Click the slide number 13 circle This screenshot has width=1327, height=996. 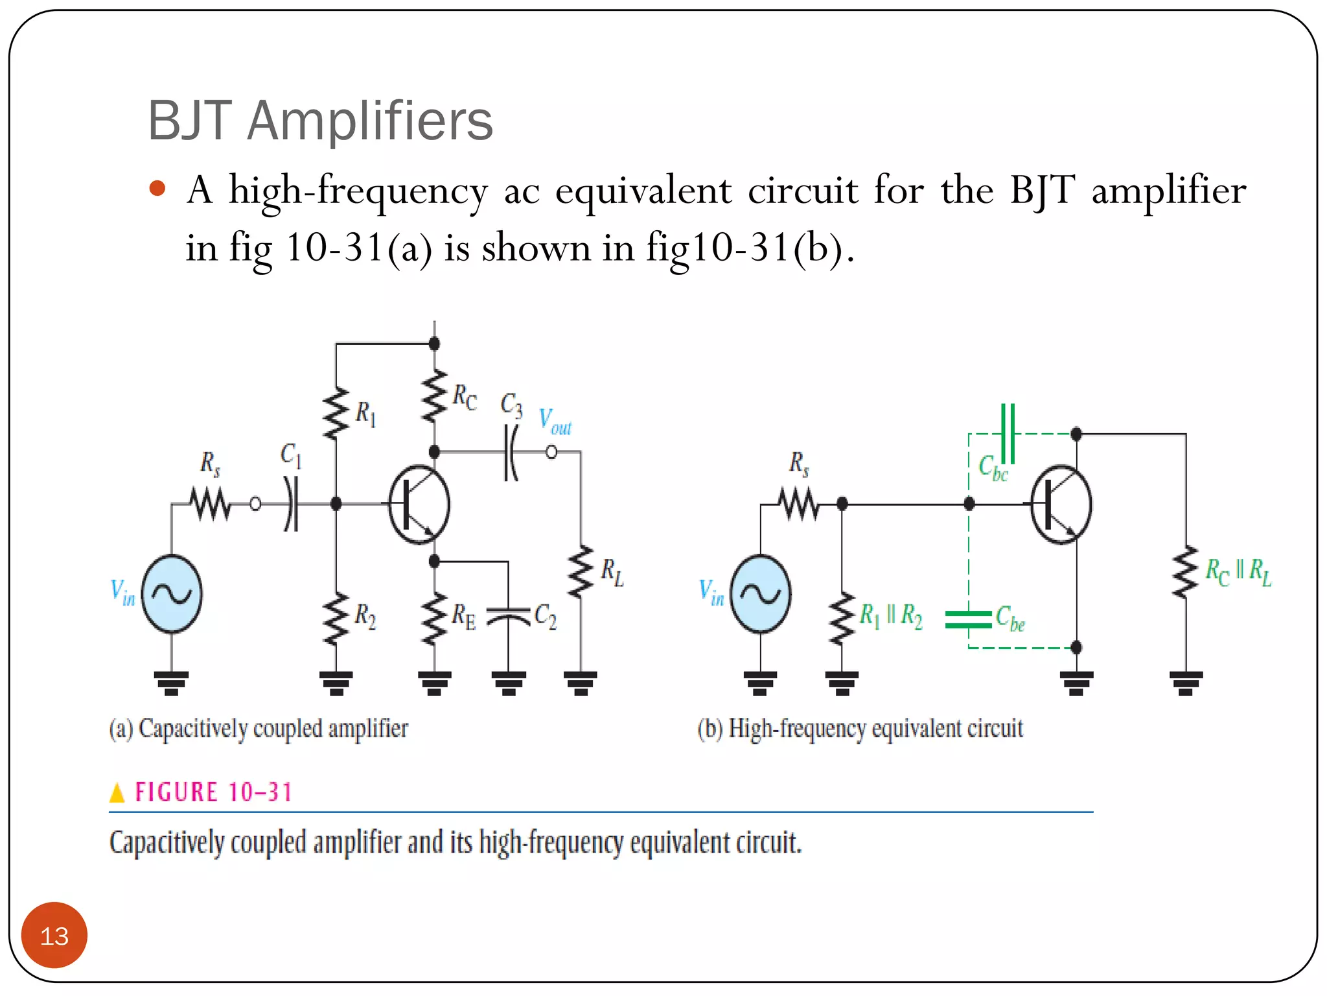click(x=54, y=935)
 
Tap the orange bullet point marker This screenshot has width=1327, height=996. click(x=157, y=189)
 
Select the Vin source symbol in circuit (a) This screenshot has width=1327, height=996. click(x=172, y=593)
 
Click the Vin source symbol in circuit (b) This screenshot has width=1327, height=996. click(x=760, y=593)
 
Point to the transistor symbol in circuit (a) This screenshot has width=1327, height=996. click(x=419, y=504)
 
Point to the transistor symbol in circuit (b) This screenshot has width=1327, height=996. click(x=1061, y=504)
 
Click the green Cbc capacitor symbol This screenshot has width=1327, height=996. click(x=1008, y=433)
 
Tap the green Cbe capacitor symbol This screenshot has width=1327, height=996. click(x=968, y=619)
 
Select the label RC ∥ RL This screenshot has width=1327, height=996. click(x=1238, y=572)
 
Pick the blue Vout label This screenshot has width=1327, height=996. click(x=555, y=421)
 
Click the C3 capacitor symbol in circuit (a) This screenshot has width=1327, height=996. click(x=511, y=452)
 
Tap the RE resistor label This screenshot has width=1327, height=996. click(x=463, y=616)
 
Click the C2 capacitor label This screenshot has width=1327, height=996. click(x=545, y=616)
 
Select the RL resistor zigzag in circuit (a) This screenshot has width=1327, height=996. click(x=581, y=572)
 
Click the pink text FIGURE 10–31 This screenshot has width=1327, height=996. click(x=213, y=792)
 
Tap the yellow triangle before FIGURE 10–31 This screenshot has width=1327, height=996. click(x=117, y=792)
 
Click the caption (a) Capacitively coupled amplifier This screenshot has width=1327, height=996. click(x=259, y=728)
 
